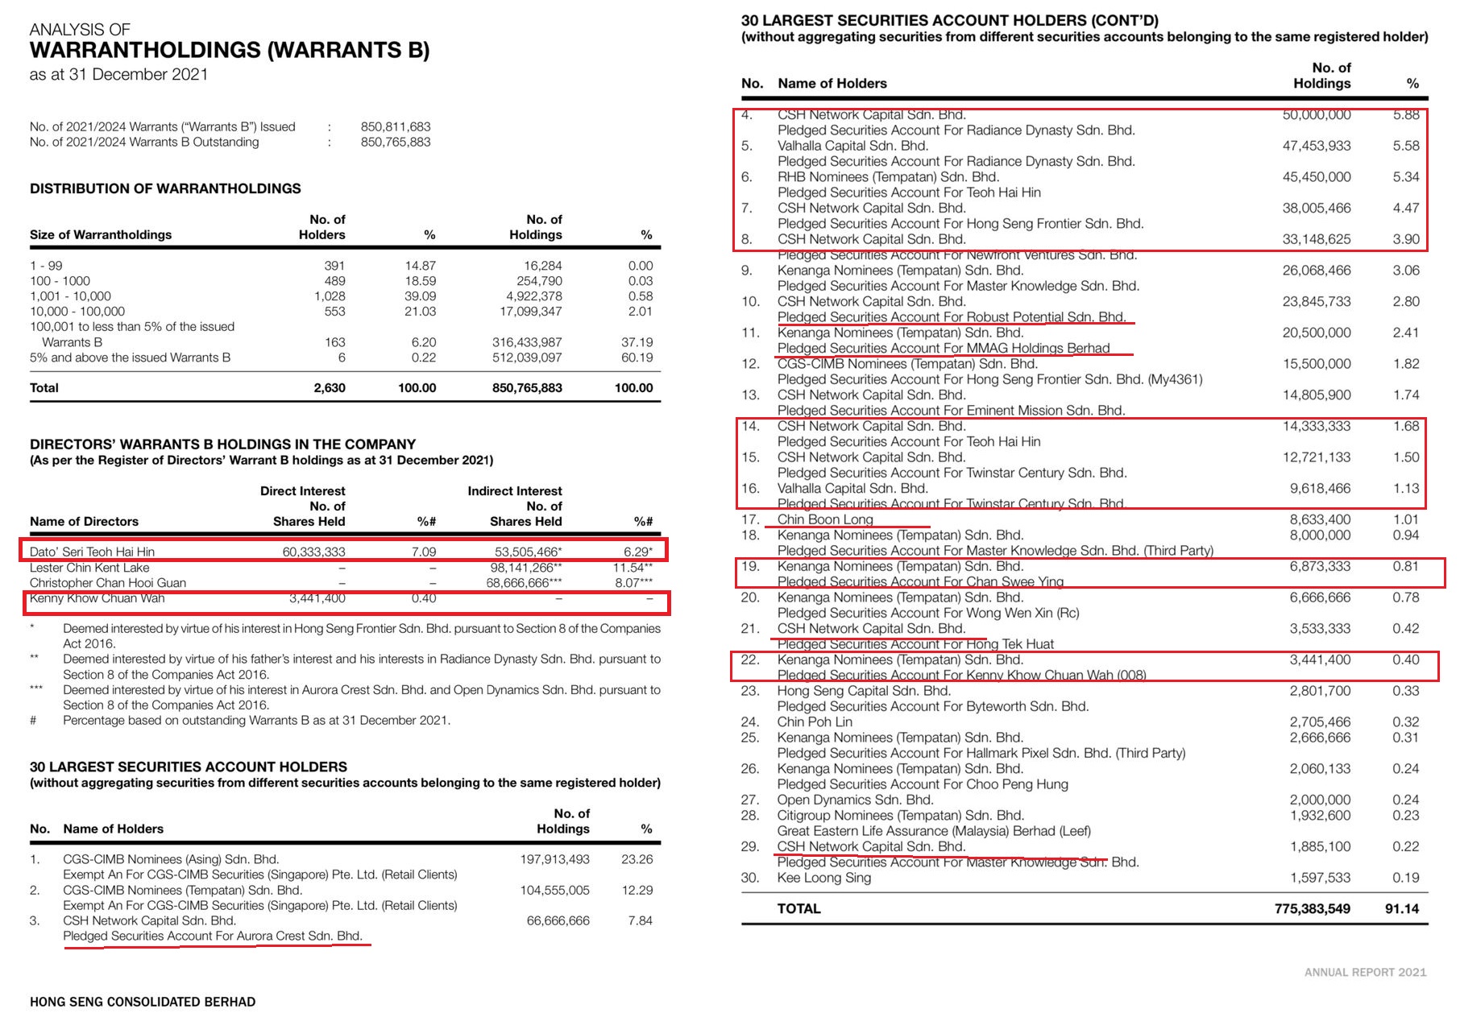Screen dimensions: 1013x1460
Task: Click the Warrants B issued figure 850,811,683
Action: point(396,126)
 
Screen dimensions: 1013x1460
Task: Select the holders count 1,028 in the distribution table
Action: point(330,296)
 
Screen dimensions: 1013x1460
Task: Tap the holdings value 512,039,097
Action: point(527,358)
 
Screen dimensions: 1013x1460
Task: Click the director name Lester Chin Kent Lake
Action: point(89,568)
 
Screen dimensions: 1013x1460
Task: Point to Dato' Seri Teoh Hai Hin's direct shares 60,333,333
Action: point(313,552)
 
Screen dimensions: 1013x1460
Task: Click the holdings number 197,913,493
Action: point(554,859)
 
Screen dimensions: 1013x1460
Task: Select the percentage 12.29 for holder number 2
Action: point(637,890)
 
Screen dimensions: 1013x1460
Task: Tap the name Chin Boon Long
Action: point(825,519)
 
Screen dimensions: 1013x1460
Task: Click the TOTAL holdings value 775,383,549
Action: point(1312,908)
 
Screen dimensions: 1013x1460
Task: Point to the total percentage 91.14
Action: point(1402,908)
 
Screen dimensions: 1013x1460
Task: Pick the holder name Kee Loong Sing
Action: point(823,878)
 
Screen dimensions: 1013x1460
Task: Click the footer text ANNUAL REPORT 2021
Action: point(1365,973)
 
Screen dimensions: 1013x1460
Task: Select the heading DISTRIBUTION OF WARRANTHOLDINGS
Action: point(165,188)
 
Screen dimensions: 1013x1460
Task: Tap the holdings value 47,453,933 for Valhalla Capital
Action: point(1317,146)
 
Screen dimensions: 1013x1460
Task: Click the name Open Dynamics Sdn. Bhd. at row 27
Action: point(855,800)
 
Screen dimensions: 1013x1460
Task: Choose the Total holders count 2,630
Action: point(330,387)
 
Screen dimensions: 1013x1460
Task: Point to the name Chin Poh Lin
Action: point(815,722)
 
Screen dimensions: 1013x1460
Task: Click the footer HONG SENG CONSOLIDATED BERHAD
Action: point(143,1002)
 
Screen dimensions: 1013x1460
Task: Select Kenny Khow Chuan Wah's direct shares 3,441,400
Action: point(317,598)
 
